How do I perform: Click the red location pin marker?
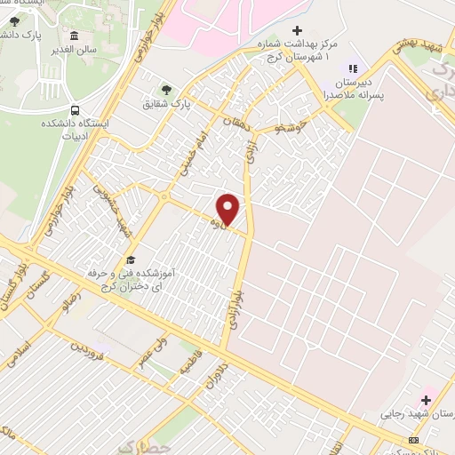pyautogui.click(x=227, y=210)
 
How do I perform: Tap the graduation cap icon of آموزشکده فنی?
pyautogui.click(x=132, y=259)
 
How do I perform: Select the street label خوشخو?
pyautogui.click(x=291, y=127)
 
